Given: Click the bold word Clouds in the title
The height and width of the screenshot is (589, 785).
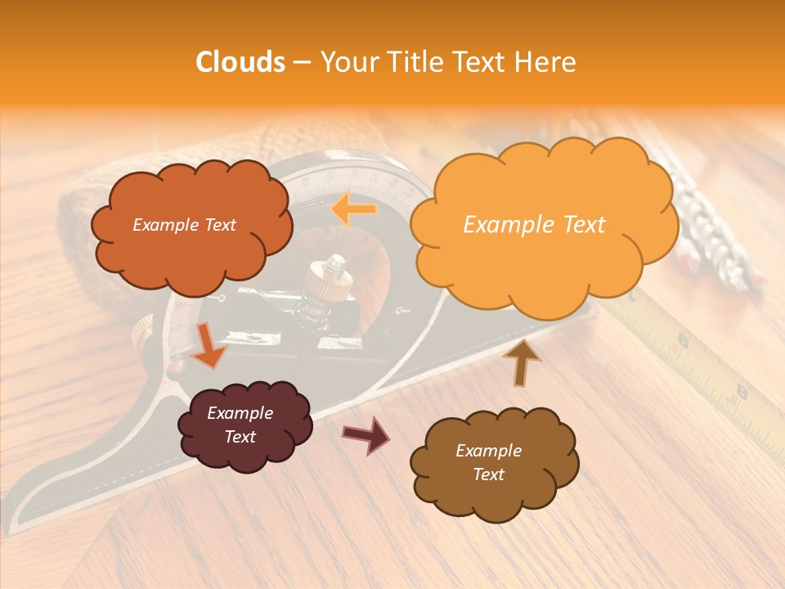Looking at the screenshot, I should (241, 62).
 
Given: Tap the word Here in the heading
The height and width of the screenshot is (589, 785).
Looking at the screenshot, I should (549, 62).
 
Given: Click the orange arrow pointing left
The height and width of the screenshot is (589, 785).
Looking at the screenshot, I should (354, 209).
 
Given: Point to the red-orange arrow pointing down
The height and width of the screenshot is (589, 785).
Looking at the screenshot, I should (209, 344).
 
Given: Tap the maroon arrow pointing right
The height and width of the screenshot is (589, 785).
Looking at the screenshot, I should (366, 434).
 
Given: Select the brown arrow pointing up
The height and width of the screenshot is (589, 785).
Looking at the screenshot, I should (522, 362).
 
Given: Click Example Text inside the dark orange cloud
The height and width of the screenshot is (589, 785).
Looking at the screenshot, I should (184, 225).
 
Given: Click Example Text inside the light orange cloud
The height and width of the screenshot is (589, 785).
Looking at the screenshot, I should (534, 225).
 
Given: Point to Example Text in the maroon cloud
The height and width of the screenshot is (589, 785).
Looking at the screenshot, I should (240, 425).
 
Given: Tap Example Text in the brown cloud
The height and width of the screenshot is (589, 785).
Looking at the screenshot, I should (488, 462).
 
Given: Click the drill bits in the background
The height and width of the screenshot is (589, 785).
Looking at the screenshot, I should (720, 237).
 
